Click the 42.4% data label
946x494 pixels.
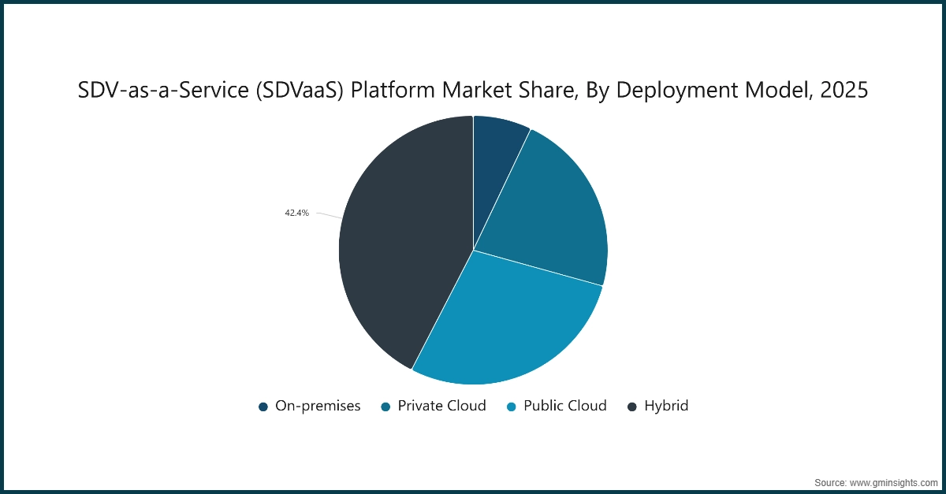tap(297, 213)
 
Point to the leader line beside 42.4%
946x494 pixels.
tap(329, 215)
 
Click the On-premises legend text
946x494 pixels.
tap(318, 406)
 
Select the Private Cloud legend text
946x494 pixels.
tap(441, 406)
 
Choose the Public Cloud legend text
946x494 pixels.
tap(565, 406)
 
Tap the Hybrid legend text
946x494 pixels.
tap(666, 406)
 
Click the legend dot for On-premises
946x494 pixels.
tap(263, 407)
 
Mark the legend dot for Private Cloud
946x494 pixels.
tap(386, 407)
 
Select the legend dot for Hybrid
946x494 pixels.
tap(632, 407)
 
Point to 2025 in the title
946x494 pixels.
tap(844, 91)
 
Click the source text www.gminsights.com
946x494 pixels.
tap(894, 481)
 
